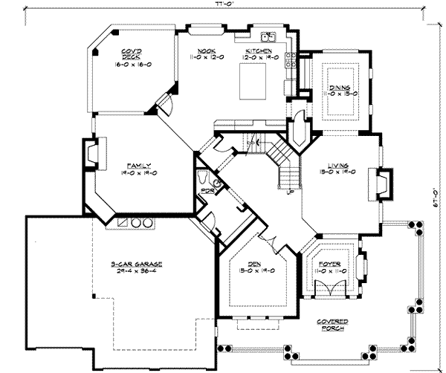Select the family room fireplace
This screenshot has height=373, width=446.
pyautogui.click(x=91, y=155)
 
